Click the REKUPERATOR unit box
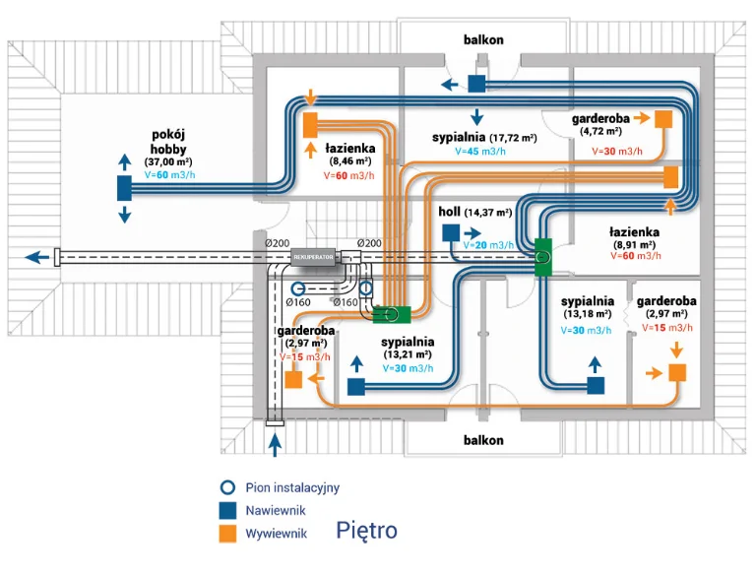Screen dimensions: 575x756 [x=314, y=257]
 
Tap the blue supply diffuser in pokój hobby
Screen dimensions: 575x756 [x=125, y=187]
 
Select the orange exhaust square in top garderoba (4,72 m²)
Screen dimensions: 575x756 [x=663, y=118]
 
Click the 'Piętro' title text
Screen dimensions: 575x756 [x=366, y=531]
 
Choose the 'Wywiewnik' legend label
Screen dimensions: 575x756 [x=276, y=534]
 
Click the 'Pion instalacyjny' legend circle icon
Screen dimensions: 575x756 [x=227, y=487]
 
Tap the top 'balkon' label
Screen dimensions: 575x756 [x=484, y=39]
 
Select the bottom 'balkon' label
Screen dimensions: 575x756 [x=484, y=440]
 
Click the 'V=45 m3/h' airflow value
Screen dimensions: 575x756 [x=479, y=153]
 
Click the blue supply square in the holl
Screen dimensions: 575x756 [x=451, y=233]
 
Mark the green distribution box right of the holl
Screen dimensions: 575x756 [x=542, y=257]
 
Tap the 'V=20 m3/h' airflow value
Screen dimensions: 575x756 [x=488, y=245]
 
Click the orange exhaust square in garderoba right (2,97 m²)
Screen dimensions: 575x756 [x=676, y=372]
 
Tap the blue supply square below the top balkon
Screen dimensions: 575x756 [x=476, y=84]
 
